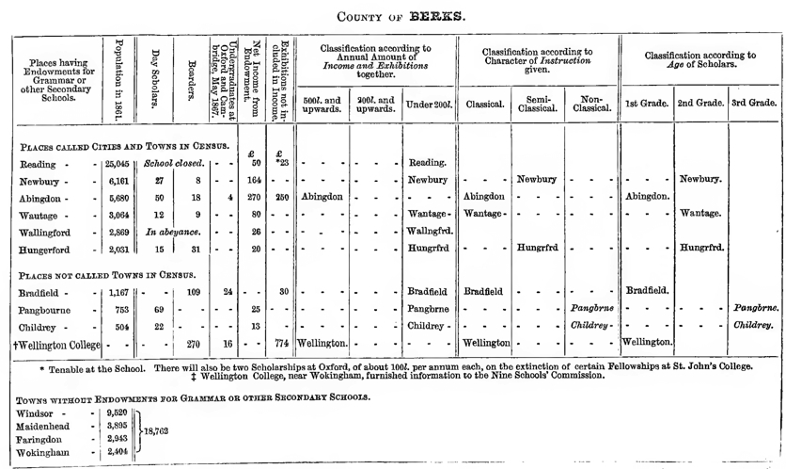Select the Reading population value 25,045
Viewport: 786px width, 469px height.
point(118,163)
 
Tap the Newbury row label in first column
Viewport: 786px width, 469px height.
point(41,181)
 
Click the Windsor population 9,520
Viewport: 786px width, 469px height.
point(118,412)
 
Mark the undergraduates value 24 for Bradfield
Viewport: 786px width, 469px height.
point(226,292)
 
